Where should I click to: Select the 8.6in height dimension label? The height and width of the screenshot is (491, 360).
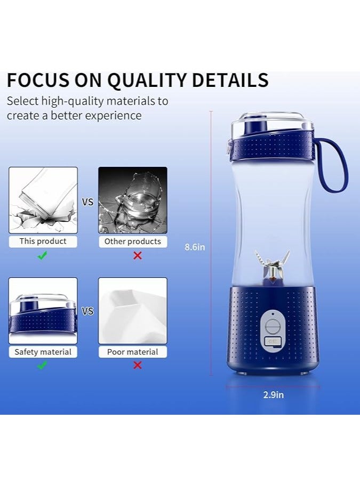click(195, 247)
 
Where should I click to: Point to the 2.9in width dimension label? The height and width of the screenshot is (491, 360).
click(273, 395)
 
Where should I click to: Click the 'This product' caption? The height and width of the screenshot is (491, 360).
click(43, 241)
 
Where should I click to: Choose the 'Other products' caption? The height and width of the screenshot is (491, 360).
click(133, 242)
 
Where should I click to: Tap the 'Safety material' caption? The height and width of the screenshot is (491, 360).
click(43, 352)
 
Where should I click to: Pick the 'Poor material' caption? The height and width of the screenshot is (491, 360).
click(133, 352)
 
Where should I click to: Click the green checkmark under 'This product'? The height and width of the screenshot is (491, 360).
click(43, 255)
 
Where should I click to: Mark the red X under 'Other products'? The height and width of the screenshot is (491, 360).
click(138, 255)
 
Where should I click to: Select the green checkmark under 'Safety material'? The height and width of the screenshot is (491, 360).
click(43, 365)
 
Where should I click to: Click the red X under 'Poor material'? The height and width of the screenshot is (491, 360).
click(138, 365)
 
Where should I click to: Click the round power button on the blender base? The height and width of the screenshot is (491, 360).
click(273, 325)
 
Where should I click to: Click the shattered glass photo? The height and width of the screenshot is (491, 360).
click(133, 200)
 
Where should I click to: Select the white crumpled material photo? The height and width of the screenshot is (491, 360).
click(133, 311)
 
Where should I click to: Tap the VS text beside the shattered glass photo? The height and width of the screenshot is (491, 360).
click(87, 203)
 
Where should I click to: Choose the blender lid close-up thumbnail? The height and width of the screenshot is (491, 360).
click(43, 311)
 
